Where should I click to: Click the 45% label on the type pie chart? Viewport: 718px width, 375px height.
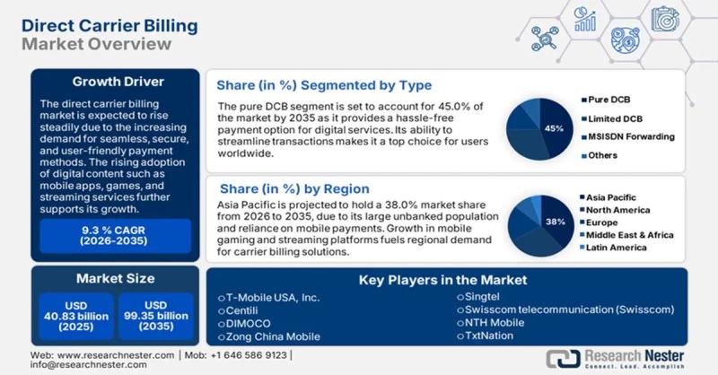click(554, 128)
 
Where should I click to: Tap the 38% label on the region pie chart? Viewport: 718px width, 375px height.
click(555, 221)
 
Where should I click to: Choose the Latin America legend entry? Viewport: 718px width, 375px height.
click(619, 247)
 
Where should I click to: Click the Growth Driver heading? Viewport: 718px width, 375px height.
click(115, 82)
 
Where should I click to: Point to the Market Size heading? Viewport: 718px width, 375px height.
click(114, 278)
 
